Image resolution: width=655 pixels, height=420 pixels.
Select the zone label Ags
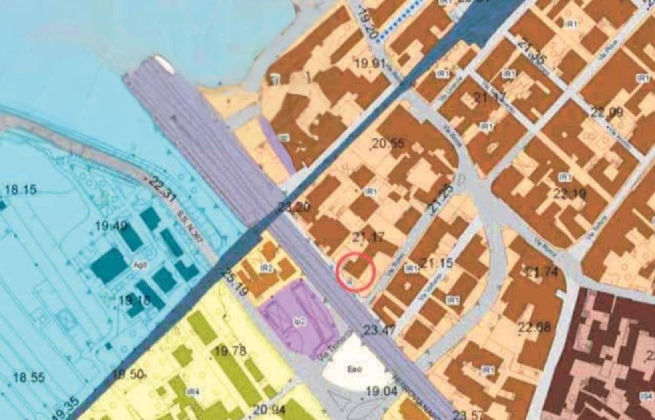(137, 265)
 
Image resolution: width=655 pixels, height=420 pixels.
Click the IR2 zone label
(266, 268)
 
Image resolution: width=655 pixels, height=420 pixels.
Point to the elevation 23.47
(379, 330)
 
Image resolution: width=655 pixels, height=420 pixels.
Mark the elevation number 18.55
(29, 378)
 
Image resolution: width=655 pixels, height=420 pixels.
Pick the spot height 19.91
(370, 63)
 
